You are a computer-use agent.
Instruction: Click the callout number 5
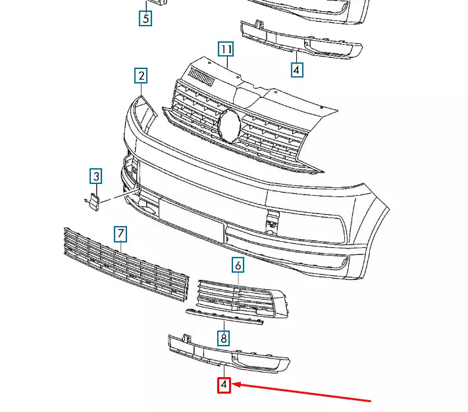click(x=145, y=18)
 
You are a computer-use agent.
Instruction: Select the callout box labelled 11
click(x=226, y=49)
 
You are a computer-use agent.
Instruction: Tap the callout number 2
click(x=141, y=76)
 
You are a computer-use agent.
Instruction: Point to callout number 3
click(x=96, y=176)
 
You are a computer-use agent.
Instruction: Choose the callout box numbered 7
click(x=120, y=233)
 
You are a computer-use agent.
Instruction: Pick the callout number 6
click(x=238, y=265)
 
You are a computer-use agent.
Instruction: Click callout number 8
click(x=224, y=338)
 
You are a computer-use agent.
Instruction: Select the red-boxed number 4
click(x=224, y=385)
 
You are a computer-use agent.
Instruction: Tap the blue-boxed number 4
click(x=296, y=69)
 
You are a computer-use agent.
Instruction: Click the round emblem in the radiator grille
click(x=230, y=125)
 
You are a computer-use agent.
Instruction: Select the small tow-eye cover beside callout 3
click(x=93, y=202)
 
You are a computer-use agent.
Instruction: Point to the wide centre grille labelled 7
click(x=125, y=269)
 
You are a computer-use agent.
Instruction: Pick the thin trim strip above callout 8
click(x=224, y=317)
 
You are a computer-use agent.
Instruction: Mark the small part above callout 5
click(x=157, y=2)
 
